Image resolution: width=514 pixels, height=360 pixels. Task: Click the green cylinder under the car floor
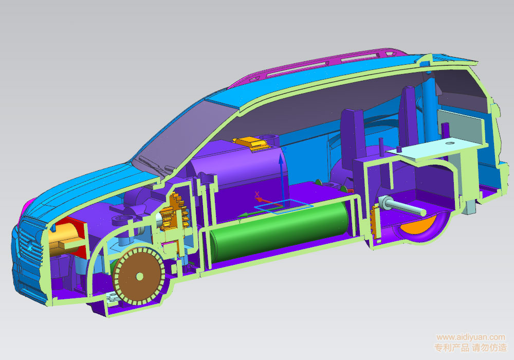[x=278, y=231]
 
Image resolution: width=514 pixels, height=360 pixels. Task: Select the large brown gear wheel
[x=139, y=276]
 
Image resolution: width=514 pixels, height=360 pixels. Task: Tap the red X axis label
[x=257, y=194]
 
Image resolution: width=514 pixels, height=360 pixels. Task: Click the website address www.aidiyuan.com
[x=470, y=337]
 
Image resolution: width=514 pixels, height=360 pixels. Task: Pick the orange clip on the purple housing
[x=251, y=143]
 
